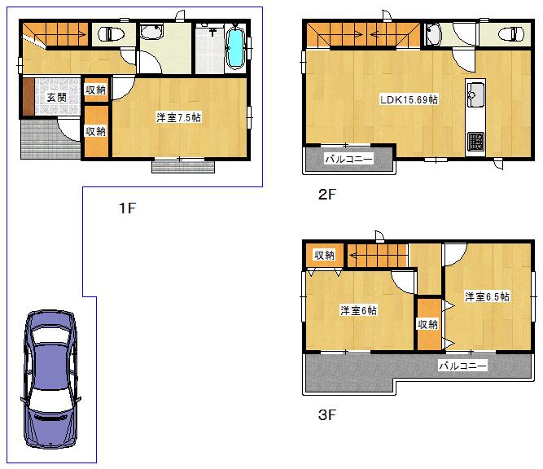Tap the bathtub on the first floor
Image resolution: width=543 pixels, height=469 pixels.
[x=235, y=48]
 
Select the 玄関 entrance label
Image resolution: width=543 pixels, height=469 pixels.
[x=56, y=98]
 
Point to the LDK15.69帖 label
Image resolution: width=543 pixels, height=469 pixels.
[x=409, y=99]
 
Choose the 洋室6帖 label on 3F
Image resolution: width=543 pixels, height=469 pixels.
[x=358, y=310]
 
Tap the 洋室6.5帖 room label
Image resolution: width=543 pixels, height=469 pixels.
[x=487, y=296]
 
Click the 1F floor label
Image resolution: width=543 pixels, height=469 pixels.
[x=126, y=208]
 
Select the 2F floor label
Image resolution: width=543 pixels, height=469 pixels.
[x=327, y=195]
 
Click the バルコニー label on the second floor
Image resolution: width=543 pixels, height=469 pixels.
[x=349, y=159]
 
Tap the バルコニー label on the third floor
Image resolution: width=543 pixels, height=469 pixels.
[x=462, y=366]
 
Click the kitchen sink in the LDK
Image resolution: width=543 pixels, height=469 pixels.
[x=475, y=94]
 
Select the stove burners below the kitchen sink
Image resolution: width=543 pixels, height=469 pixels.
[x=475, y=142]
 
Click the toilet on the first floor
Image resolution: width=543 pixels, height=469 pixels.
[x=110, y=34]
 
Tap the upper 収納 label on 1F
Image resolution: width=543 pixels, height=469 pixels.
[x=95, y=90]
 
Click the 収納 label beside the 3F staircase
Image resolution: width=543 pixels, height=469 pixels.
[x=324, y=255]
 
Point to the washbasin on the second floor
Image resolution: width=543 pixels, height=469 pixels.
[x=433, y=34]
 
